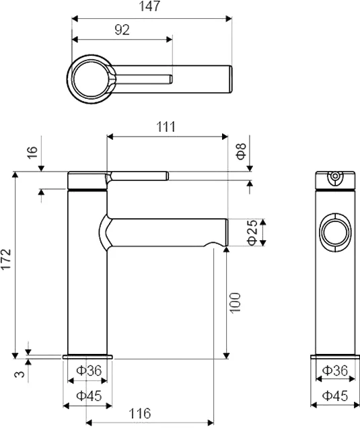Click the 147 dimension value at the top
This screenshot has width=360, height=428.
(x=151, y=7)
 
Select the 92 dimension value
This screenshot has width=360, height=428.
(x=122, y=29)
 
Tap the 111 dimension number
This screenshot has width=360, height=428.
(x=166, y=127)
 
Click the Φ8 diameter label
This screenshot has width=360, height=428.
(x=243, y=151)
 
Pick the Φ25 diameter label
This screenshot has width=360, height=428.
(x=252, y=231)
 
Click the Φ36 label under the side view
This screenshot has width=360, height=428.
(x=88, y=370)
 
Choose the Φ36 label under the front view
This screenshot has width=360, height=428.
(x=334, y=370)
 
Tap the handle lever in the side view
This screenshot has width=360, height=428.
(x=138, y=176)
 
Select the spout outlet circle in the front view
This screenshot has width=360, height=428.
(x=334, y=233)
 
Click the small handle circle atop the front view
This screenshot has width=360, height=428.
(x=334, y=178)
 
